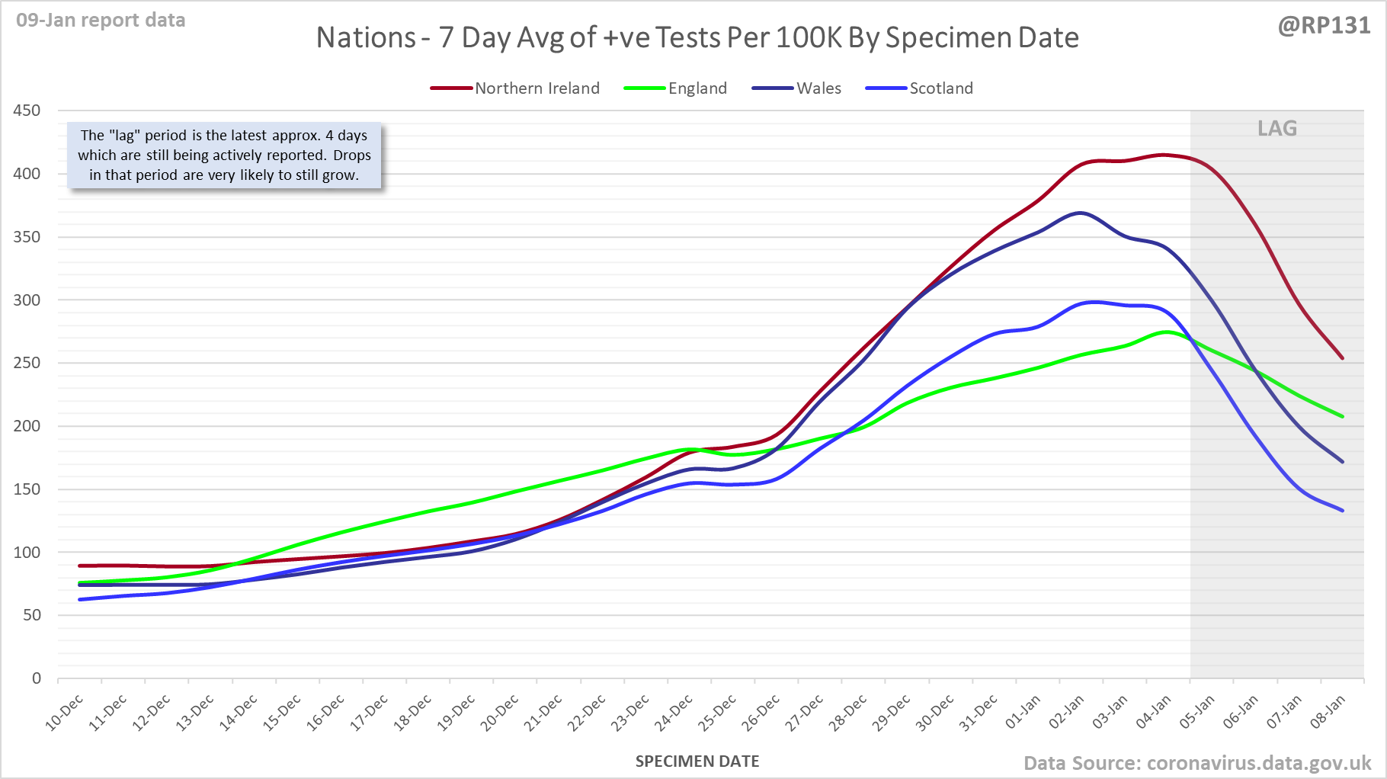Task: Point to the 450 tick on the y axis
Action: (27, 111)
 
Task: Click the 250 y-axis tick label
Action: (27, 363)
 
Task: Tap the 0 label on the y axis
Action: (36, 678)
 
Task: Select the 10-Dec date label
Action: (66, 713)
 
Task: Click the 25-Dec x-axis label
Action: (719, 713)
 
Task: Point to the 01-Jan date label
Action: (1023, 713)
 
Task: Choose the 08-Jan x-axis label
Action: (1328, 713)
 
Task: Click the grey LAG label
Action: (1277, 129)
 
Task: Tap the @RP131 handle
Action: (1324, 26)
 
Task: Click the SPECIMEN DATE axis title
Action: (697, 761)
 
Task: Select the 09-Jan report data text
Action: (101, 21)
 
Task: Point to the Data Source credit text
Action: (1196, 763)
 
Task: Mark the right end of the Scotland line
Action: (1342, 511)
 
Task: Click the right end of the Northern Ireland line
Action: (1342, 358)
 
